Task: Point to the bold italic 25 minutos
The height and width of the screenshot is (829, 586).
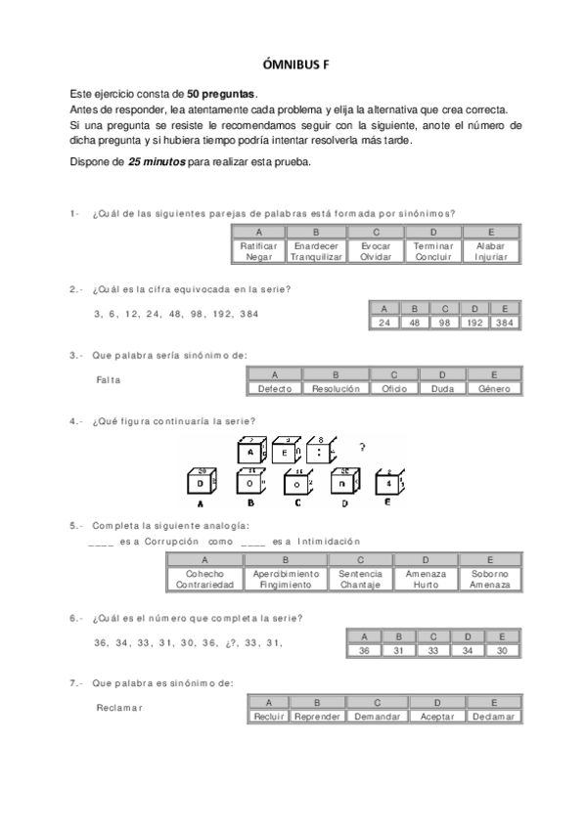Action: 156,162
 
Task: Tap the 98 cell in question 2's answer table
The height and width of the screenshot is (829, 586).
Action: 444,323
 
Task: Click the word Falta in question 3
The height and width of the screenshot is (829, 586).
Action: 109,379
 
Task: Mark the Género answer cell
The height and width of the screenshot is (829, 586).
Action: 494,388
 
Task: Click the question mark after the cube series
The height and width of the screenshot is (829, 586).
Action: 363,449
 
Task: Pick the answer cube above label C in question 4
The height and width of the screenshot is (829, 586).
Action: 296,483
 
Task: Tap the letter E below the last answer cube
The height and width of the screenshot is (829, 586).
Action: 387,504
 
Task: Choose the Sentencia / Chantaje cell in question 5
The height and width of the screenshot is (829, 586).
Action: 360,579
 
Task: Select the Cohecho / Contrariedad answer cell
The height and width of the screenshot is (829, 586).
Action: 204,579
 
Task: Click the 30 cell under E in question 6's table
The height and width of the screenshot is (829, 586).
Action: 502,650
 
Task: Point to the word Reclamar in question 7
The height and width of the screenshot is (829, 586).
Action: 119,707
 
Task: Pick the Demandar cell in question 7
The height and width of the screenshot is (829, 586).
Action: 377,717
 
